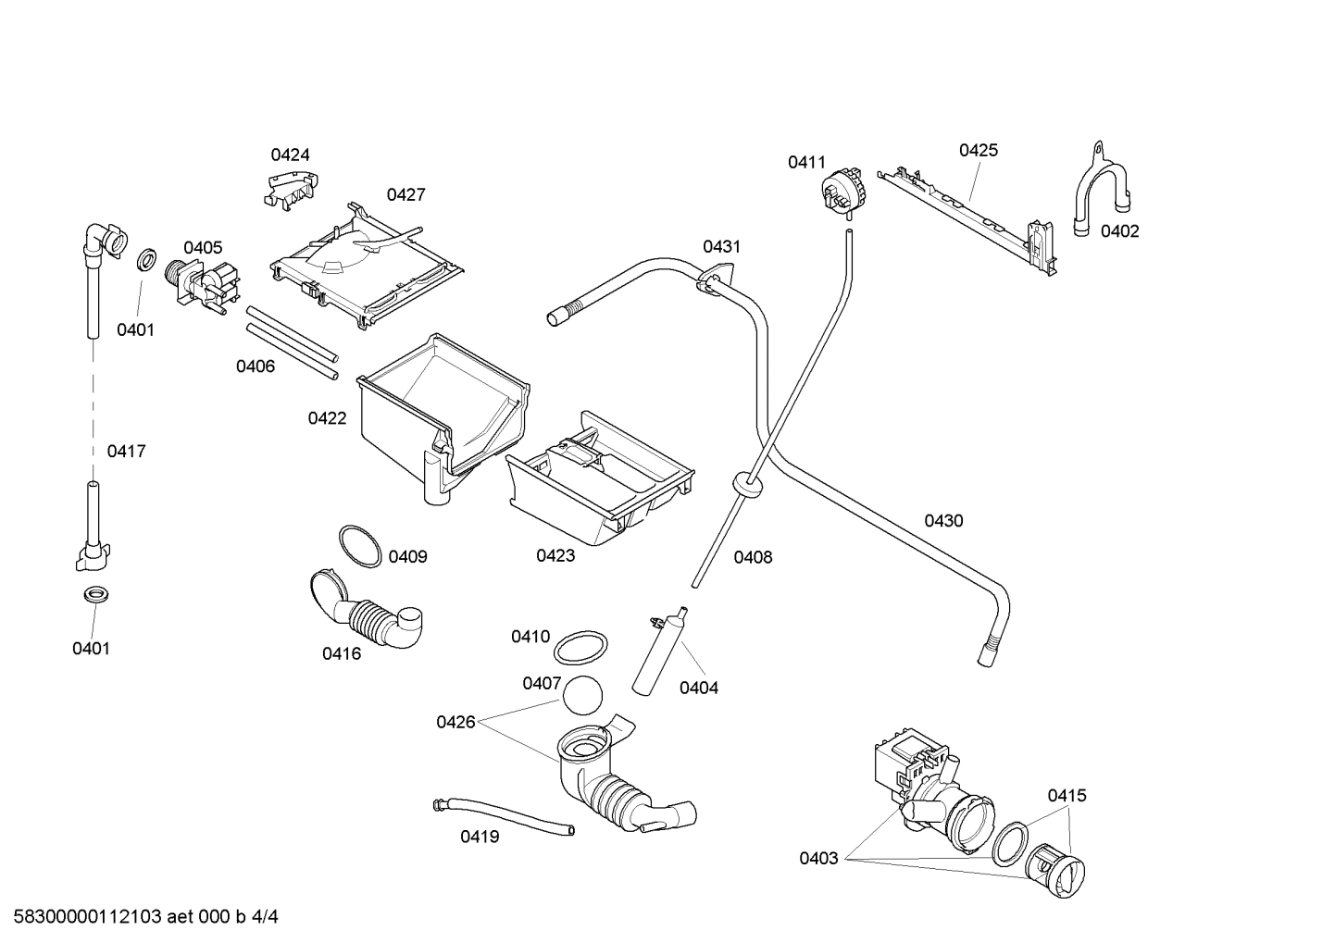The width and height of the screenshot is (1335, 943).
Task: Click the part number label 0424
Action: (x=290, y=155)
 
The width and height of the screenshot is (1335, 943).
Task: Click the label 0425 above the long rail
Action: (x=978, y=150)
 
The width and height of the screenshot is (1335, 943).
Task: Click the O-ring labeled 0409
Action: (x=359, y=546)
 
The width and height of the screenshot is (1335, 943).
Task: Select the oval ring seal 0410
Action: (x=581, y=648)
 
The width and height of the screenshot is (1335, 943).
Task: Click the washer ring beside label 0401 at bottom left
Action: (x=94, y=596)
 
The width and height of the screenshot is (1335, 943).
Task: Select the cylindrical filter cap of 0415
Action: (x=1056, y=871)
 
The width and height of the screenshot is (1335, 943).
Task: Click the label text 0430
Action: (x=943, y=521)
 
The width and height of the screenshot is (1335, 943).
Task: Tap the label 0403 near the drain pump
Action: (x=818, y=859)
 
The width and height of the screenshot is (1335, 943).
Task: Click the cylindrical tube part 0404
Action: (x=657, y=651)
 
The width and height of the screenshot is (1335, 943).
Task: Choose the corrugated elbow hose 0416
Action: (x=366, y=612)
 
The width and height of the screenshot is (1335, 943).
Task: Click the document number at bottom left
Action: (x=140, y=917)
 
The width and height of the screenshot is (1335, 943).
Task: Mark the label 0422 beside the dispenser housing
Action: (x=327, y=418)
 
